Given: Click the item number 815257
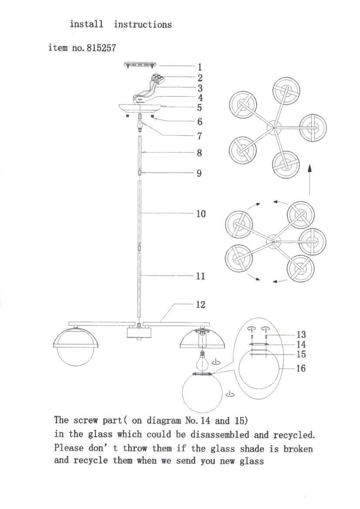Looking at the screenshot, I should pyautogui.click(x=101, y=48).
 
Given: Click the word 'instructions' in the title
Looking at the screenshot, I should pyautogui.click(x=143, y=24).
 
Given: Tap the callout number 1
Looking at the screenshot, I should pyautogui.click(x=200, y=67).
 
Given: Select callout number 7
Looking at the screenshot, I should pyautogui.click(x=200, y=136).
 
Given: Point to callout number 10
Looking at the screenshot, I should pyautogui.click(x=200, y=214).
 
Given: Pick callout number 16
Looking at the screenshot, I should pyautogui.click(x=301, y=368).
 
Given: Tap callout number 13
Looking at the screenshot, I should pyautogui.click(x=301, y=335).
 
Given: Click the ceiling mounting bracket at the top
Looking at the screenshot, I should pyautogui.click(x=139, y=65).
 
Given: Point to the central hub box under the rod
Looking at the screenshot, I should pyautogui.click(x=139, y=334).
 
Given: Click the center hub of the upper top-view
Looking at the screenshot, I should pyautogui.click(x=274, y=127).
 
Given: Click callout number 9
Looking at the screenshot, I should pyautogui.click(x=199, y=173).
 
